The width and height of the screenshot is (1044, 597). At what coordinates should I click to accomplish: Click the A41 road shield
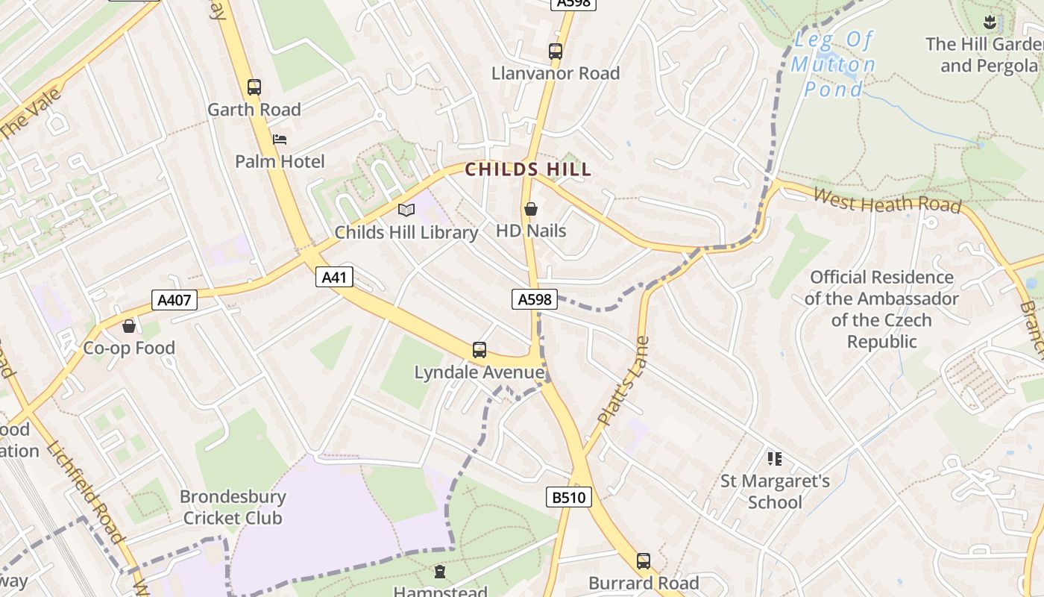334,278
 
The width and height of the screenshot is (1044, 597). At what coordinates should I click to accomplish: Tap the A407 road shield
174,301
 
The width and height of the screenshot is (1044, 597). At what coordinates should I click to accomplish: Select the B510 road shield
568,497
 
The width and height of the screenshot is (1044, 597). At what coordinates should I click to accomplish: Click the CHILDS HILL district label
528,169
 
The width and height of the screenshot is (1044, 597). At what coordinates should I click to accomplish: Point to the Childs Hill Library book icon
406,210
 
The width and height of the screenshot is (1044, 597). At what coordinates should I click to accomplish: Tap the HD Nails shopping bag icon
531,209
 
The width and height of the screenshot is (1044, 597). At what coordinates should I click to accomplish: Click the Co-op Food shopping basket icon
129,326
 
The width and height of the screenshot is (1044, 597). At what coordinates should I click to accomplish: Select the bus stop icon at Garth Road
254,87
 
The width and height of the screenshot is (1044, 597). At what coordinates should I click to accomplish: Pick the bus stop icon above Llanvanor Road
556,51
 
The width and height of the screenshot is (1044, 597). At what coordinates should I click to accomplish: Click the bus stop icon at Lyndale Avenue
479,350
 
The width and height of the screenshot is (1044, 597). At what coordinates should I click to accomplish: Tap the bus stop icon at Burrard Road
644,561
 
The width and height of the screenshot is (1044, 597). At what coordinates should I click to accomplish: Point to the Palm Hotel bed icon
280,140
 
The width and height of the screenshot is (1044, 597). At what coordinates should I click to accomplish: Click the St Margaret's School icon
775,459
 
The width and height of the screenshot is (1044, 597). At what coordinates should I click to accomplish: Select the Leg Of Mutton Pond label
833,64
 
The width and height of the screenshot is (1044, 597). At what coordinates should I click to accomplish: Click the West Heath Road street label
887,200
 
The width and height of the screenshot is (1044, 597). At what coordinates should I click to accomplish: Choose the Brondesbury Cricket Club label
233,507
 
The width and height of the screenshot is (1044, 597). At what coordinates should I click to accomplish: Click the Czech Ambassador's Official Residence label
881,309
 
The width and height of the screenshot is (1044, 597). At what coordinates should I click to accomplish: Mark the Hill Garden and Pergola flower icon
989,22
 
